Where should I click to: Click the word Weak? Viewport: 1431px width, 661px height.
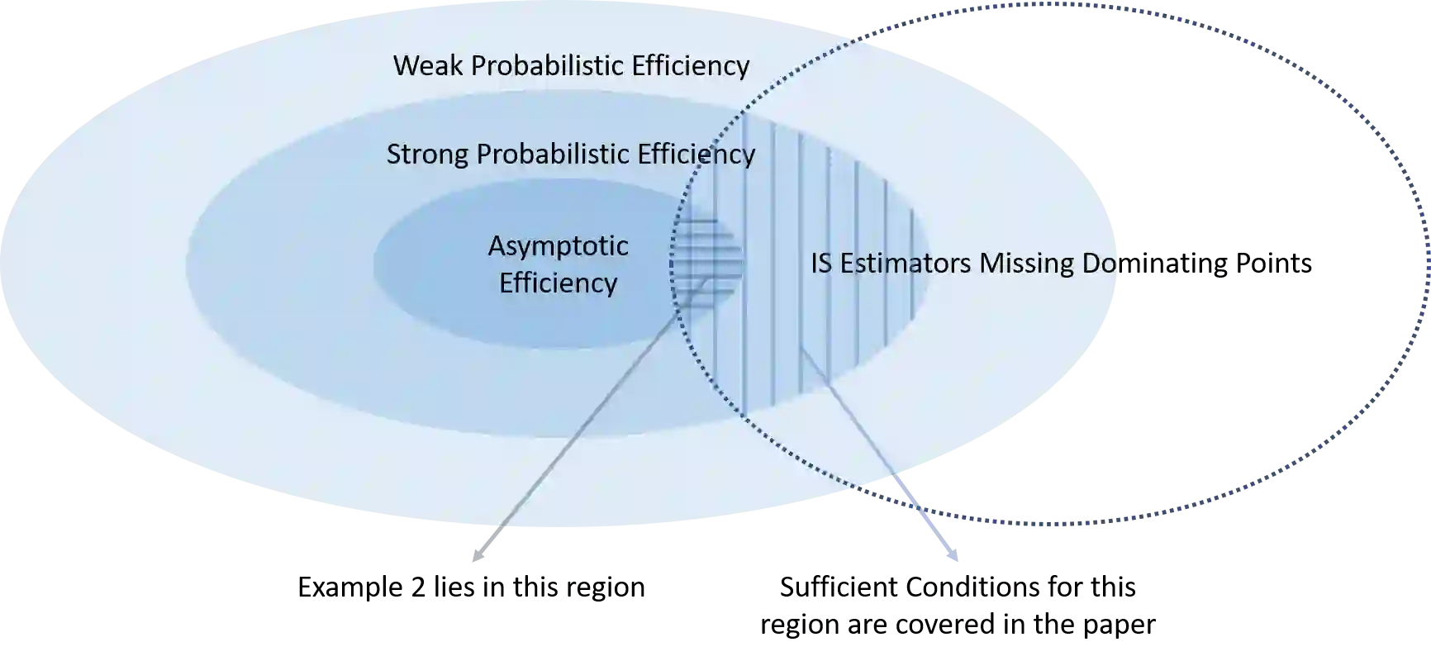point(428,65)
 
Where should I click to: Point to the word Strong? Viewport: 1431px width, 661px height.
point(427,154)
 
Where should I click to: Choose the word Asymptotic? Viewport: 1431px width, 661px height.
point(558,245)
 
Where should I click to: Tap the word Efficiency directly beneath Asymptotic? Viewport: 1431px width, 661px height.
point(558,283)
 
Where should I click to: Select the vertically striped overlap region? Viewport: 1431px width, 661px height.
point(826,248)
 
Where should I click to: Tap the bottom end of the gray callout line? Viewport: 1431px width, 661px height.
point(473,564)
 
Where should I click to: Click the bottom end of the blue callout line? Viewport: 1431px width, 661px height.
point(956,564)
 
